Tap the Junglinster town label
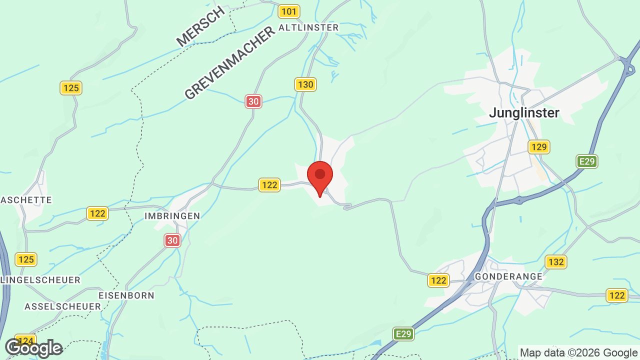[524, 112]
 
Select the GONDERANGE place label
[508, 276]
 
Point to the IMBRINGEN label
[172, 216]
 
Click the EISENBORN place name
[126, 295]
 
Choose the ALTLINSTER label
[308, 27]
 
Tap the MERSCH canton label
[201, 26]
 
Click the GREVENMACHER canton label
[230, 63]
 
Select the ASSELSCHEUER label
[62, 306]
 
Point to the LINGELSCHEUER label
[40, 280]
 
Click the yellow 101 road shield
[289, 11]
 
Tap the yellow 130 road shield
[305, 84]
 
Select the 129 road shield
[539, 147]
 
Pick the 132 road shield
[555, 262]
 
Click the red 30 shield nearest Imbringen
[172, 240]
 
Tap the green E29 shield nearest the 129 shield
[586, 161]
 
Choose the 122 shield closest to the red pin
[269, 185]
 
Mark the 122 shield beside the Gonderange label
[438, 280]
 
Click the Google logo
[33, 347]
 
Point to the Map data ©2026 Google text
[578, 352]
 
